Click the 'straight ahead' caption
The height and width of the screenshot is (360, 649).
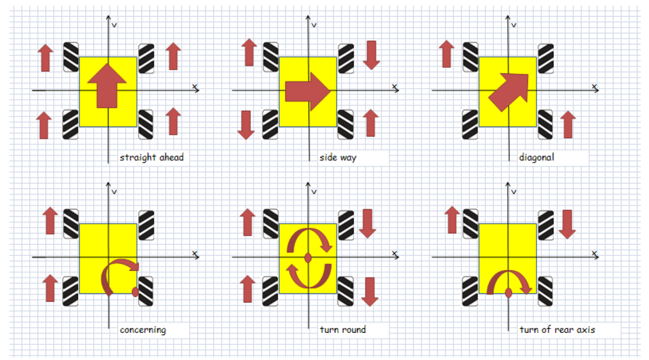[152, 158]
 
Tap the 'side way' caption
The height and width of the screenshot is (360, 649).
[338, 158]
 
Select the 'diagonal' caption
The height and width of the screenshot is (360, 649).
[537, 158]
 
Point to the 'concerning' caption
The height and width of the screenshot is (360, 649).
[143, 330]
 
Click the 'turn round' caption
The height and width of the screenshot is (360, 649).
[343, 330]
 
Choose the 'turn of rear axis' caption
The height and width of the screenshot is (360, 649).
[557, 330]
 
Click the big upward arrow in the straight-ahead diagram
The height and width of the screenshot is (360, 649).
[108, 85]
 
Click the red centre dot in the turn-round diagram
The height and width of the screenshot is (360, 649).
[308, 258]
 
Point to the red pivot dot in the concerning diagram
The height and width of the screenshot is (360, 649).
[135, 291]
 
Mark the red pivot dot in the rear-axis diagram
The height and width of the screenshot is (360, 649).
[508, 293]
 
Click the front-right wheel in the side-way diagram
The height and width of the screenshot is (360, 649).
[346, 58]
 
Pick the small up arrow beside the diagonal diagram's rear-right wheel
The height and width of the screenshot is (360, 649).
[568, 125]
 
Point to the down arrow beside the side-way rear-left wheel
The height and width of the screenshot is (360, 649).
[246, 125]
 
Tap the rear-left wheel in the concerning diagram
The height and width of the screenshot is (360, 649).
[71, 291]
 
